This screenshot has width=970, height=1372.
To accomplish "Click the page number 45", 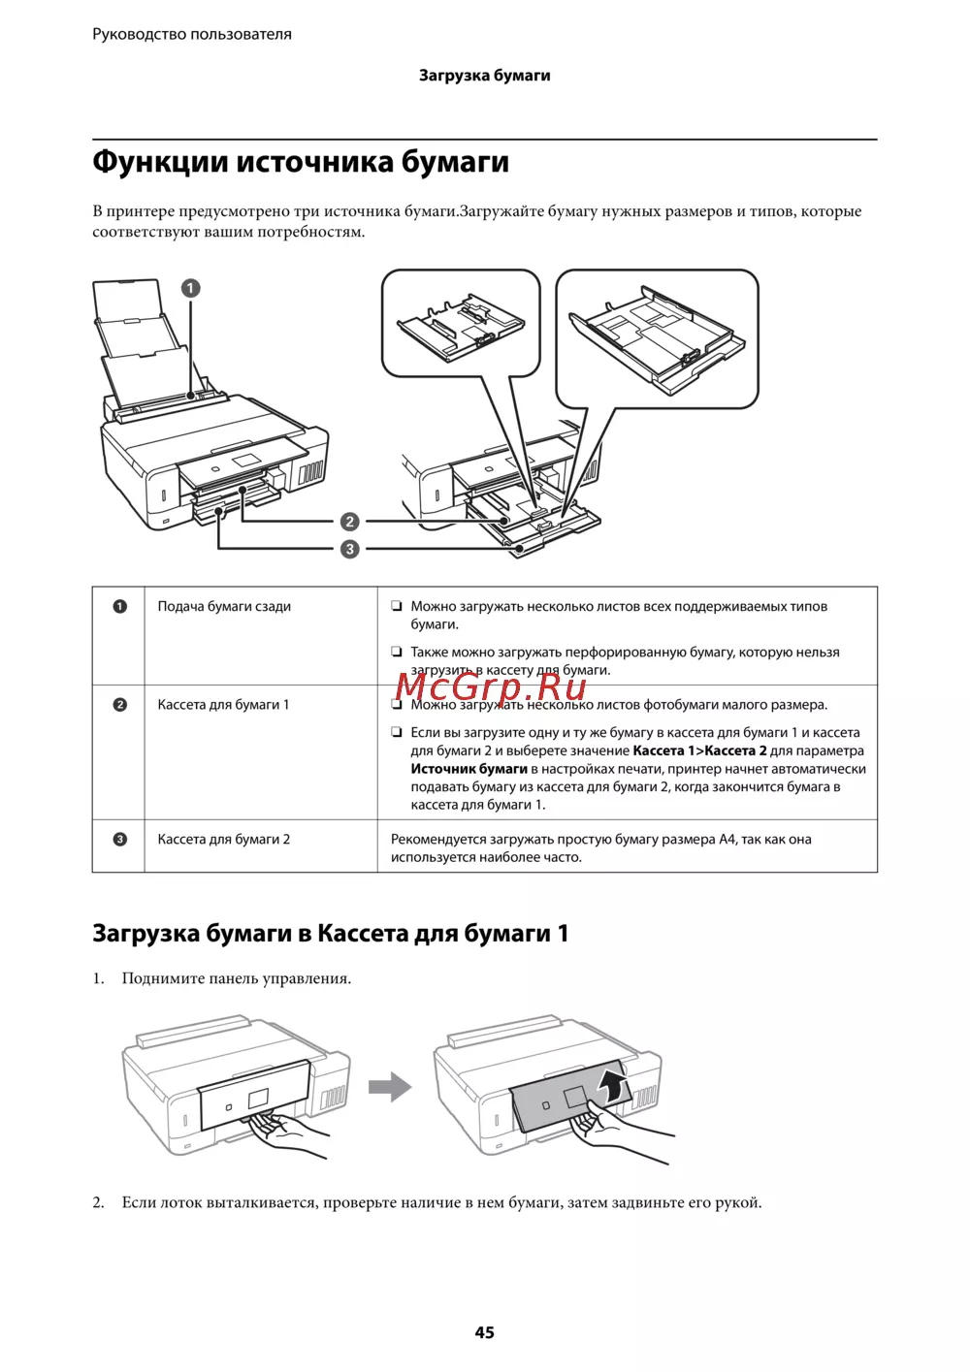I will click(484, 1332).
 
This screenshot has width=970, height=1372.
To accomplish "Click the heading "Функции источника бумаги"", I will click(301, 161).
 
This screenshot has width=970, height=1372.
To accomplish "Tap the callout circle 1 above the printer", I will click(190, 288).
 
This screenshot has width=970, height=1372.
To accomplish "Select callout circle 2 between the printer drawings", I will click(349, 522).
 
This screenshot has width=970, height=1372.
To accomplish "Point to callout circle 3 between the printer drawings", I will click(349, 549).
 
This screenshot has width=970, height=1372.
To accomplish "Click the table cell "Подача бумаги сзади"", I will click(224, 607).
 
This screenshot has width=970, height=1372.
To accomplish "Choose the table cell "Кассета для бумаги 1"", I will click(223, 705).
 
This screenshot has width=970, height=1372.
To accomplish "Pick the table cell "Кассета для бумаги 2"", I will click(224, 840).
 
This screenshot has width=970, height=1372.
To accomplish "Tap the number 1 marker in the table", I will click(119, 607).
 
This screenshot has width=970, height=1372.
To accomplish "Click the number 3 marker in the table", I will click(119, 840).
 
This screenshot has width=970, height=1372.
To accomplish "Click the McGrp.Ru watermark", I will click(491, 686).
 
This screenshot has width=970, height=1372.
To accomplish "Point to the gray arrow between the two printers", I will click(390, 1086).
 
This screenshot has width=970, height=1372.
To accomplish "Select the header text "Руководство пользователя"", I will click(192, 34).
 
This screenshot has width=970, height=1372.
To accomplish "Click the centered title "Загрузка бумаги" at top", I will click(484, 76).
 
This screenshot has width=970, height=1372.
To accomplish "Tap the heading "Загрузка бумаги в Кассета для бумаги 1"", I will click(330, 933).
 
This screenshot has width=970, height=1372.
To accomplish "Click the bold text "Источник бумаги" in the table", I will click(469, 769).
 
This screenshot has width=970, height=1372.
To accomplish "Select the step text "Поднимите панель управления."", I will click(237, 978).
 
